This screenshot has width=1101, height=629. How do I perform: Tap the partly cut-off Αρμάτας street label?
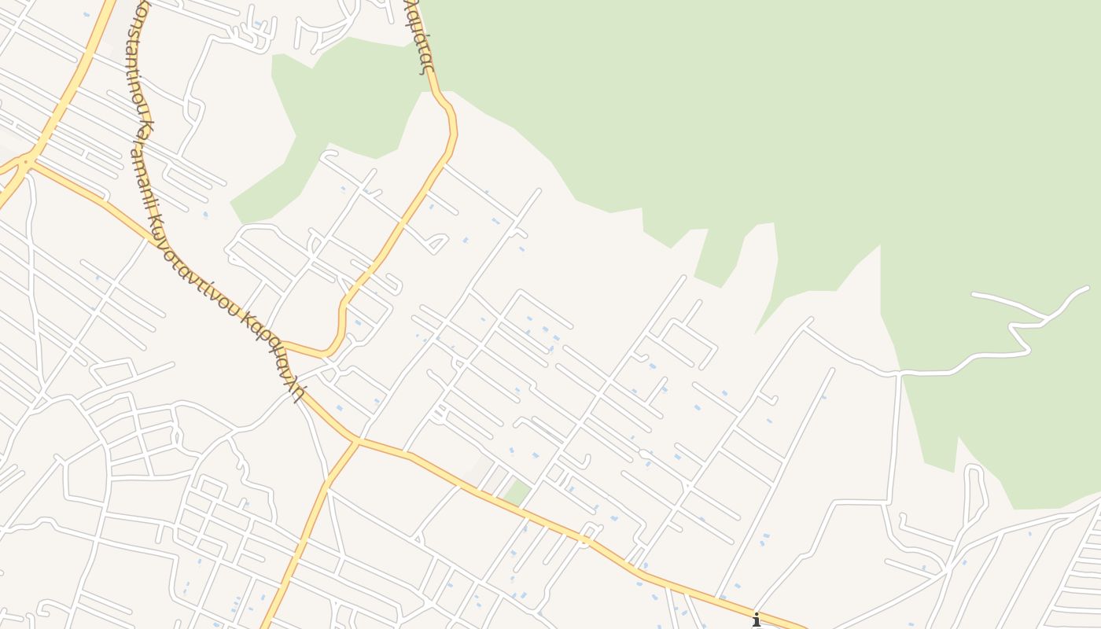pyautogui.click(x=419, y=35)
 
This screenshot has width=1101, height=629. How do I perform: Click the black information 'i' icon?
pyautogui.click(x=757, y=620)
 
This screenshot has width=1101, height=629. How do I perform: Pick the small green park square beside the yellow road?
pyautogui.click(x=517, y=493)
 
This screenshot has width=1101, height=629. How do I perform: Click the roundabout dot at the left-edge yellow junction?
pyautogui.click(x=26, y=161)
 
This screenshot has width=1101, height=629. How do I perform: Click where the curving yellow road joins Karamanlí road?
pyautogui.click(x=283, y=344)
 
